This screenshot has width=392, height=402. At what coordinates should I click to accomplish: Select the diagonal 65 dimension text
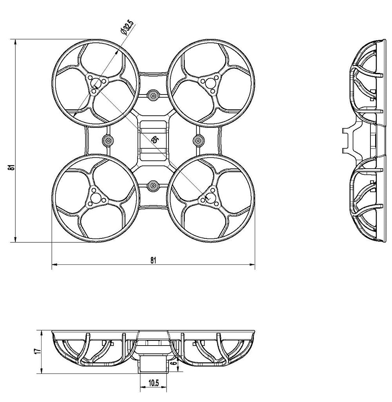[x=154, y=139]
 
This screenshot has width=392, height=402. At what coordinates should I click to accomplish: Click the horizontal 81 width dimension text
[x=153, y=259]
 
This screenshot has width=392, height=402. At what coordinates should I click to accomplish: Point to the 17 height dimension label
[x=36, y=351]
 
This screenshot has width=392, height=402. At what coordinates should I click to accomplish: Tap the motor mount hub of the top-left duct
[x=96, y=83]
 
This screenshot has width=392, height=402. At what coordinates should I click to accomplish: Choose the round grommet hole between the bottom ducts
[x=153, y=184]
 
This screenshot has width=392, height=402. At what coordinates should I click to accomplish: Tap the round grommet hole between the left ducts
[x=107, y=140]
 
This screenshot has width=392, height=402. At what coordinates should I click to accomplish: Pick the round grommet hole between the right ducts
[x=198, y=140]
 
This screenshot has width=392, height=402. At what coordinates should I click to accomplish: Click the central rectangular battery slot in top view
[x=153, y=140]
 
